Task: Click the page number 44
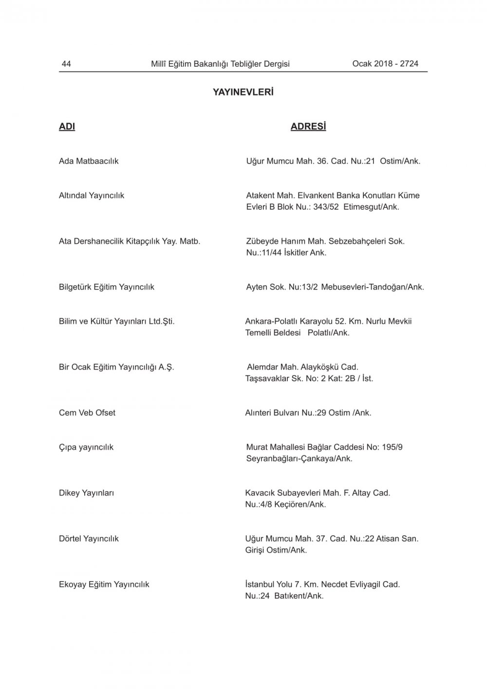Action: point(66,64)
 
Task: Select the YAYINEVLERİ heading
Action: point(243,92)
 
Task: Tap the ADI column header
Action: point(67,127)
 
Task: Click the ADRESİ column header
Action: point(308,127)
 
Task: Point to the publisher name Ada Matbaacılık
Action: point(89,161)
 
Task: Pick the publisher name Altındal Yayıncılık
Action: point(92,196)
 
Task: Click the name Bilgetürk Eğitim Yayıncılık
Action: point(106,287)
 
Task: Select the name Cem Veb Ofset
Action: point(87,413)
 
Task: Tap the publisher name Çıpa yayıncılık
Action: point(86,447)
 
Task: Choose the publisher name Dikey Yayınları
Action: point(86,493)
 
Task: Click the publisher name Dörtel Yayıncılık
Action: point(89,539)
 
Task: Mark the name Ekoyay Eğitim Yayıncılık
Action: point(104,584)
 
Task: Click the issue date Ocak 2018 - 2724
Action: point(385,64)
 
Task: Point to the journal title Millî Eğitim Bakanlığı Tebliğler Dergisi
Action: point(220,64)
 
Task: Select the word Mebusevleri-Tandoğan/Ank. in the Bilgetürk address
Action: point(373,287)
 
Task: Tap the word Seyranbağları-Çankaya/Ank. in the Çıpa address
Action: point(299,458)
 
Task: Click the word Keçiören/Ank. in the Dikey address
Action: point(300,504)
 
